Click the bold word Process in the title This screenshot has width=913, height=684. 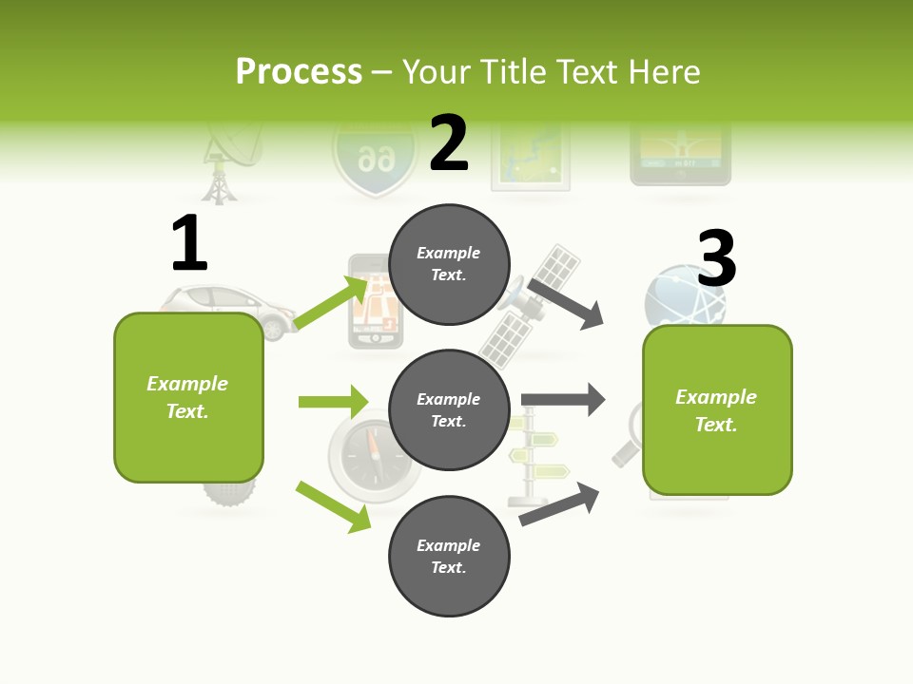pyautogui.click(x=299, y=71)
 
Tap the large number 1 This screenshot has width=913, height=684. pyautogui.click(x=189, y=244)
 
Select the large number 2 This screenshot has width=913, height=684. pyautogui.click(x=449, y=143)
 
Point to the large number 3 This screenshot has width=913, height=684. pyautogui.click(x=717, y=259)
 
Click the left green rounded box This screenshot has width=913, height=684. pyautogui.click(x=188, y=397)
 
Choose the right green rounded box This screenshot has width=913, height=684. pyautogui.click(x=717, y=410)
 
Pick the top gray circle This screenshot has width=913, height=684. pyautogui.click(x=449, y=264)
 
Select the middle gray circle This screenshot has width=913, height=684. pyautogui.click(x=449, y=410)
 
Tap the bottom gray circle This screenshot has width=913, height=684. pyautogui.click(x=449, y=557)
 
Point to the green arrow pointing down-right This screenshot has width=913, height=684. pyautogui.click(x=333, y=506)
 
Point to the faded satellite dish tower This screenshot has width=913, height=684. pyautogui.click(x=224, y=161)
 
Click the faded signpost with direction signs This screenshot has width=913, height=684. pyautogui.click(x=534, y=456)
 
